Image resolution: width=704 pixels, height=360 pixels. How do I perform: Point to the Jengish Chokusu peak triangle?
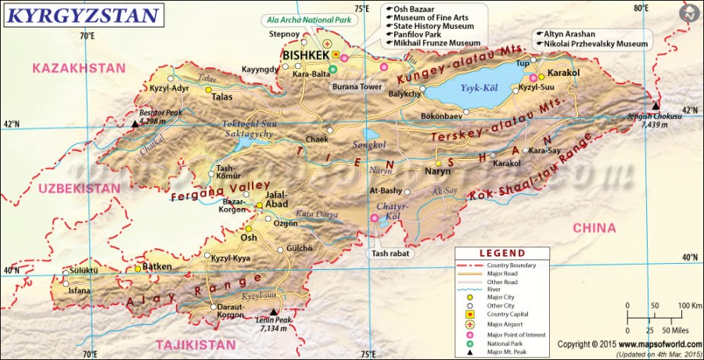click(x=656, y=106)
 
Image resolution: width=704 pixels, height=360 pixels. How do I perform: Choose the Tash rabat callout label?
click(x=390, y=254)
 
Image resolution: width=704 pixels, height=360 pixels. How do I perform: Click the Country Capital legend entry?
click(x=507, y=315)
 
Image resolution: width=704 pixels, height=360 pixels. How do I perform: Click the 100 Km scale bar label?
click(x=688, y=304)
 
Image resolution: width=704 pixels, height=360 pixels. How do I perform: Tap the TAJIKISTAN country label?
click(x=196, y=344)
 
